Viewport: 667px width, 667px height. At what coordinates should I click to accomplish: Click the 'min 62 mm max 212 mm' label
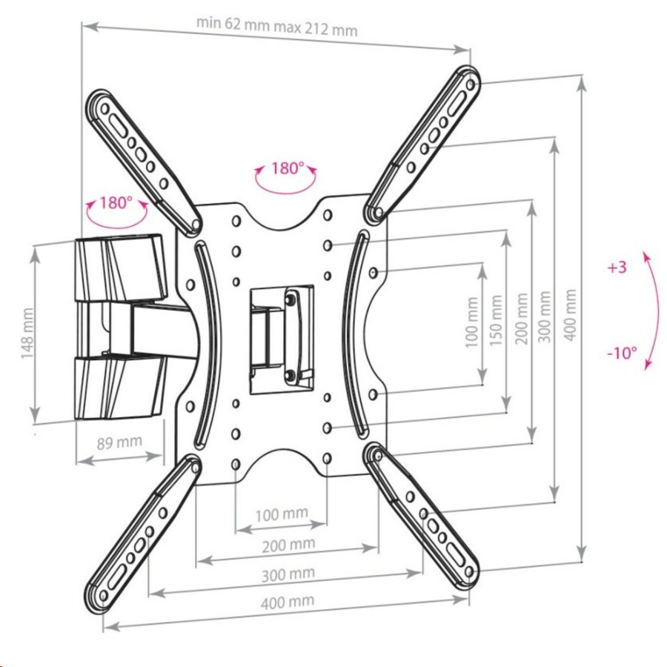(277, 26)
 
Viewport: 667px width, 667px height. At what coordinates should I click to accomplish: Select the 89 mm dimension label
(119, 442)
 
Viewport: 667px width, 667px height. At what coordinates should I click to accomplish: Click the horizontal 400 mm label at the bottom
(287, 601)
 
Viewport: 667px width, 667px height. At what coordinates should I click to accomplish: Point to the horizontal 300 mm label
(287, 574)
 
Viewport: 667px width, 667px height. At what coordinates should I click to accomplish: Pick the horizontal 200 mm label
(287, 545)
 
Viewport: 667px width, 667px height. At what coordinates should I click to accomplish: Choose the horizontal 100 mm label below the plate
(281, 514)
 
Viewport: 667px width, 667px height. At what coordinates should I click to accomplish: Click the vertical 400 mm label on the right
(569, 315)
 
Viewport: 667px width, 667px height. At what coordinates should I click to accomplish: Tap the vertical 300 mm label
(546, 315)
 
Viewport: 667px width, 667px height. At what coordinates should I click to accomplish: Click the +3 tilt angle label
(616, 268)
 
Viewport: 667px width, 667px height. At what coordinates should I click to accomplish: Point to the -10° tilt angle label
(621, 353)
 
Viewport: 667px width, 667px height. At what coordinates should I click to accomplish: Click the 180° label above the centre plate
(287, 168)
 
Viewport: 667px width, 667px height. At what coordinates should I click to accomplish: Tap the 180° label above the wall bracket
(116, 202)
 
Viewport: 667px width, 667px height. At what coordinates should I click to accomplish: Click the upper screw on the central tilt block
(291, 299)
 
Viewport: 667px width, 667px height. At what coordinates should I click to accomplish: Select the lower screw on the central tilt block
(291, 374)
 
